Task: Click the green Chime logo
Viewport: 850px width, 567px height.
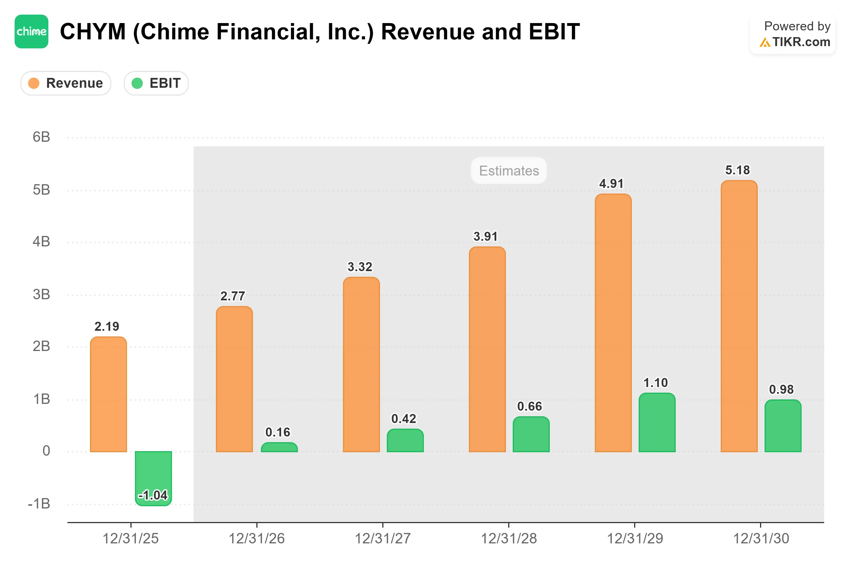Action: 31,31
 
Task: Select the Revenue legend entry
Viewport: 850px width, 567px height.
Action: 65,83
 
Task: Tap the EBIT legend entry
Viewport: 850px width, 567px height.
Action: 156,83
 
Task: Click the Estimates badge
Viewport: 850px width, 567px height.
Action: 508,170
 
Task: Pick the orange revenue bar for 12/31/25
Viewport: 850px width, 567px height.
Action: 108,394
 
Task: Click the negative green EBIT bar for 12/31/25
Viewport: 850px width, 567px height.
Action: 153,478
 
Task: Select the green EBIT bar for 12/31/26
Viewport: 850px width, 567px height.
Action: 279,447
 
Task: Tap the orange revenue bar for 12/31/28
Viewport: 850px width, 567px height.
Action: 487,349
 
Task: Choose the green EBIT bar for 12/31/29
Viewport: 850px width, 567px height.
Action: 657,422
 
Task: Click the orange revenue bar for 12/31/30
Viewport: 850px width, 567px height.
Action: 739,316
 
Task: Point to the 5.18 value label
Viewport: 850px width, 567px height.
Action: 738,170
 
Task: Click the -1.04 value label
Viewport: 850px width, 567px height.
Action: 153,495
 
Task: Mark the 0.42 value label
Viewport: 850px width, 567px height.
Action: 404,419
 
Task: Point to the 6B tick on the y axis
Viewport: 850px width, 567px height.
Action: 41,137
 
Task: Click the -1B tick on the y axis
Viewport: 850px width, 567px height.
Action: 39,504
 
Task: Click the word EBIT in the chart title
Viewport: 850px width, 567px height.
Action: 554,31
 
